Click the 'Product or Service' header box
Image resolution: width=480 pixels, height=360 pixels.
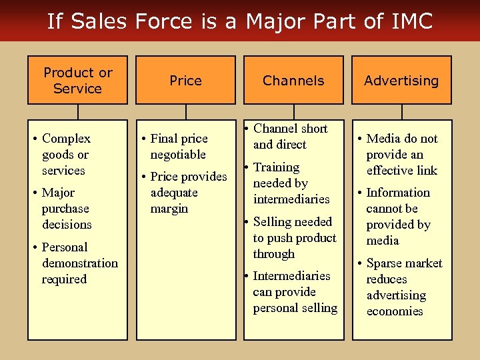[77, 80]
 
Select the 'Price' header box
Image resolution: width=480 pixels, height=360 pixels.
[185, 80]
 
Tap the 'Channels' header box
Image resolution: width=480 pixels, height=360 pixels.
[293, 80]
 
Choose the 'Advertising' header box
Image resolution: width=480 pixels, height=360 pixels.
[401, 80]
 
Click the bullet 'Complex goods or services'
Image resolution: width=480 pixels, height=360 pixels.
[65, 154]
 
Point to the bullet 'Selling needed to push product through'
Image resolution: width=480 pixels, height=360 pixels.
[293, 237]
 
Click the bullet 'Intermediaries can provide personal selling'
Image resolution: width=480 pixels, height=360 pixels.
[294, 291]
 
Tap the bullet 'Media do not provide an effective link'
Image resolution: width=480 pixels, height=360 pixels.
[401, 154]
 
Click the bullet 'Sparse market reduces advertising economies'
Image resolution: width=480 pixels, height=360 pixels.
[403, 287]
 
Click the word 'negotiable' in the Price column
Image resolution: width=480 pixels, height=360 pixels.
[178, 154]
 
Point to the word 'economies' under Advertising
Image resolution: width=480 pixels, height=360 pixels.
[395, 311]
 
